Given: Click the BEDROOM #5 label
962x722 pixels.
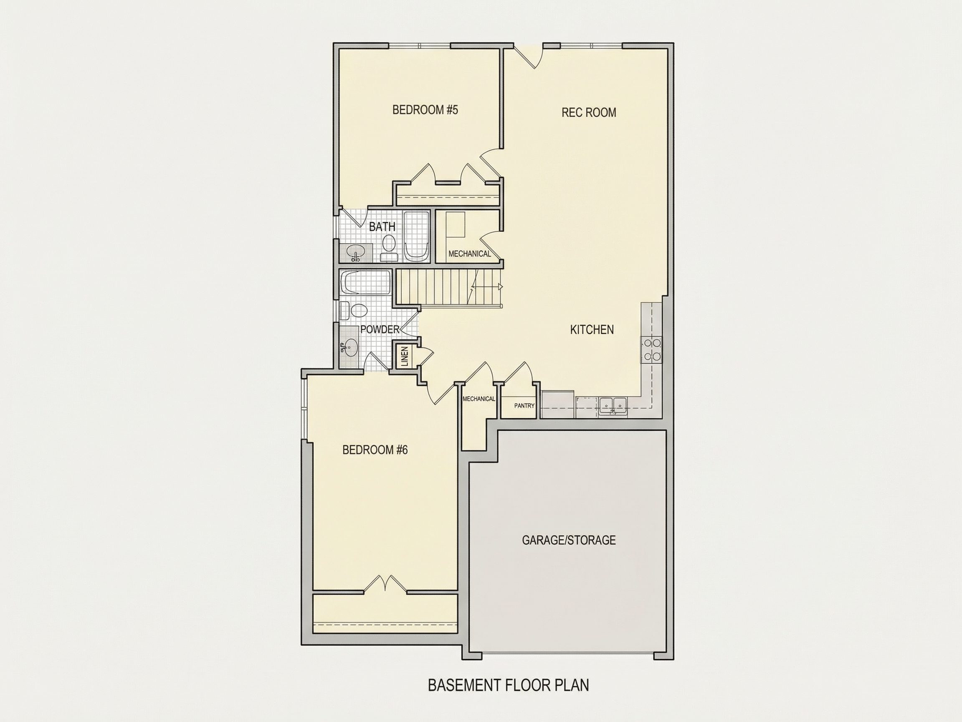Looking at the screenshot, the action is pyautogui.click(x=425, y=109).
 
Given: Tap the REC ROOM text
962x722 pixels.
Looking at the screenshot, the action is pyautogui.click(x=588, y=112).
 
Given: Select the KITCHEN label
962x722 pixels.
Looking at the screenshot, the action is pyautogui.click(x=592, y=329).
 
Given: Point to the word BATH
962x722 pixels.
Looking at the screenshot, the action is pyautogui.click(x=382, y=226).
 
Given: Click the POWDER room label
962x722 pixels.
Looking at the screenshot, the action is pyautogui.click(x=379, y=329).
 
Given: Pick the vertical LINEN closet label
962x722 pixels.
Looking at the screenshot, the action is pyautogui.click(x=405, y=356).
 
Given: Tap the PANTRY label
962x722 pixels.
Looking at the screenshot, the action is pyautogui.click(x=524, y=406).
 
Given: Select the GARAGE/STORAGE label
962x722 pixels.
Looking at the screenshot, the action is pyautogui.click(x=568, y=540).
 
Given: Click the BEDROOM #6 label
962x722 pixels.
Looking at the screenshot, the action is pyautogui.click(x=375, y=450).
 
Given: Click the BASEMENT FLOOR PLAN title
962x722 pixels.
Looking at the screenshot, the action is pyautogui.click(x=508, y=685).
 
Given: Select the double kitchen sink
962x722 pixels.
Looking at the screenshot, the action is pyautogui.click(x=613, y=406).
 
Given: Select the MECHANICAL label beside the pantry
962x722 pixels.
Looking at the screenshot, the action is pyautogui.click(x=478, y=399).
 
